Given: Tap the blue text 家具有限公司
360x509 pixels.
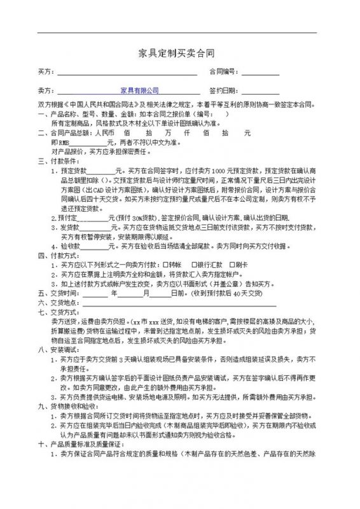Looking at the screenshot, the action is point(139,91).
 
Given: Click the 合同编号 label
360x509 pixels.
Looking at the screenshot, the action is point(215,71).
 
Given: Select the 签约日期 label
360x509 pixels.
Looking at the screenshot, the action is point(215,91).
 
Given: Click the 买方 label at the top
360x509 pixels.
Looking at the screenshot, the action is point(46,71).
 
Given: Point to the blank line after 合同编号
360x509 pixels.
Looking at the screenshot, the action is point(258,72).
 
